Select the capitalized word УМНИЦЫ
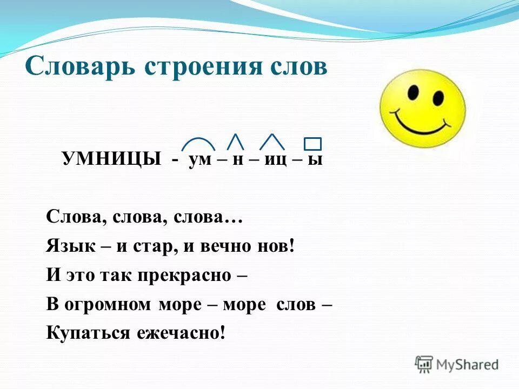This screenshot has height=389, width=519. (x=112, y=160)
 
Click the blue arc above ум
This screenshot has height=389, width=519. (x=198, y=143)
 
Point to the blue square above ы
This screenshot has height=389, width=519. (x=312, y=144)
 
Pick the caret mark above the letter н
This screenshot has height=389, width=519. (x=235, y=141)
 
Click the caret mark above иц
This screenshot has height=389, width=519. (x=272, y=141)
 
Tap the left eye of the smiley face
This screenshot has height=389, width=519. (x=412, y=92)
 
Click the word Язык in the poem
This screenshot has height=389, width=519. (x=66, y=246)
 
